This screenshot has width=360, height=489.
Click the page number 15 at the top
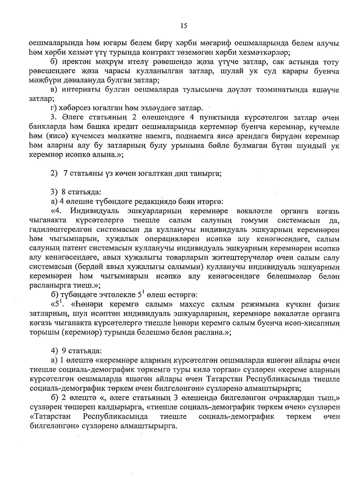(x=184, y=26)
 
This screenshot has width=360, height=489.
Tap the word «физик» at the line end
(x=329, y=305)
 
